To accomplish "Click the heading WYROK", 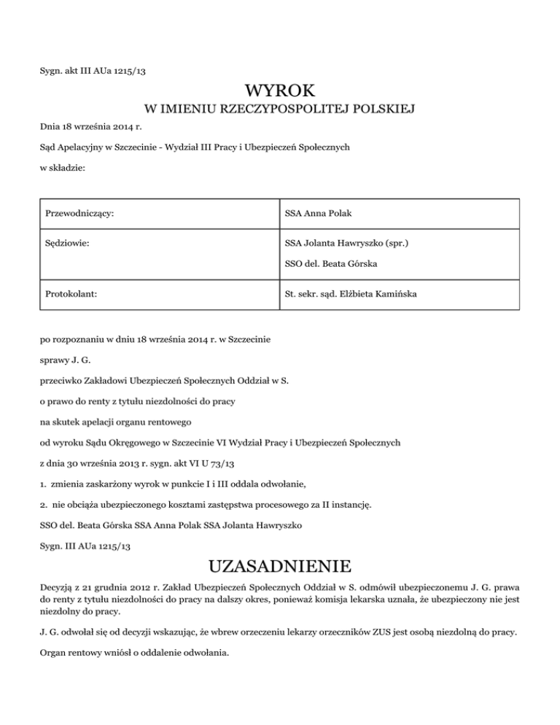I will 280,91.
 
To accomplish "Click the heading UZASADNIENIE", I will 280,567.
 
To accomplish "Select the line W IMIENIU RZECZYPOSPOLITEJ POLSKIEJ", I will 280,110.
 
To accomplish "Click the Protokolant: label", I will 71,295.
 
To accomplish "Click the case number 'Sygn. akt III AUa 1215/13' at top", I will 96,71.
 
